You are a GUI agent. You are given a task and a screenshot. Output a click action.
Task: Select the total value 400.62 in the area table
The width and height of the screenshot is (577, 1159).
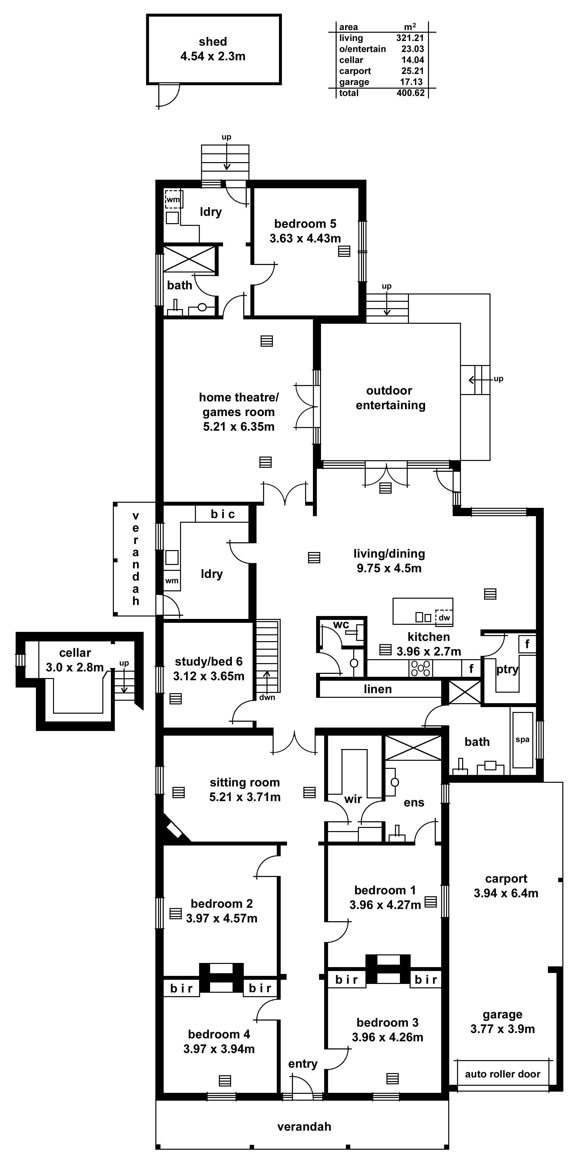[410, 93]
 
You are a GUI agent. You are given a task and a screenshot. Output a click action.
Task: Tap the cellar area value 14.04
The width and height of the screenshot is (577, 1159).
[412, 60]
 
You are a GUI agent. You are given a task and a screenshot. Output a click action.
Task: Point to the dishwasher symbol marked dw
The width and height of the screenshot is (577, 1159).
[444, 617]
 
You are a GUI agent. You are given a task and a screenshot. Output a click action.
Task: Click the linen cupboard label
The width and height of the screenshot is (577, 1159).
[378, 689]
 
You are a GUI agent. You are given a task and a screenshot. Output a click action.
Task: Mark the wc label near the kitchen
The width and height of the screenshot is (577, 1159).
[341, 625]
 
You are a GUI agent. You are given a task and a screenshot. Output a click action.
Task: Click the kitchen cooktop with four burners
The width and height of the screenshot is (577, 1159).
[420, 668]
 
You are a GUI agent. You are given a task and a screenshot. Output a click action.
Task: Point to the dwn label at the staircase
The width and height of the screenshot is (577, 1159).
[267, 697]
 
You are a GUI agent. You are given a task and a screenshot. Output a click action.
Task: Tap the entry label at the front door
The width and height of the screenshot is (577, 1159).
[303, 1064]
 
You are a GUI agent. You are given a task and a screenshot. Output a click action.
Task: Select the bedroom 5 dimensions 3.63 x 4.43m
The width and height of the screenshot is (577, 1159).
[305, 239]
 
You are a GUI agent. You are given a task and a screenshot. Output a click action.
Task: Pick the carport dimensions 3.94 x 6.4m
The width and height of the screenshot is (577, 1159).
[506, 893]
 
